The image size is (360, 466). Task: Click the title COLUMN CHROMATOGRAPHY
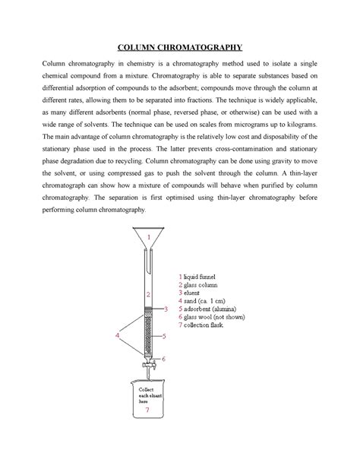[x=179, y=44]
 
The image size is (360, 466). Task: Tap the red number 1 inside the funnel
[x=149, y=237]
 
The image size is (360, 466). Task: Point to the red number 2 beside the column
[x=149, y=293]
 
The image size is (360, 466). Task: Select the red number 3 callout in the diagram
[x=164, y=310]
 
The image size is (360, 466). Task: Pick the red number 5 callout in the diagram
[x=164, y=335]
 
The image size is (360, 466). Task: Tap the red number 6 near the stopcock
[x=163, y=359]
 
